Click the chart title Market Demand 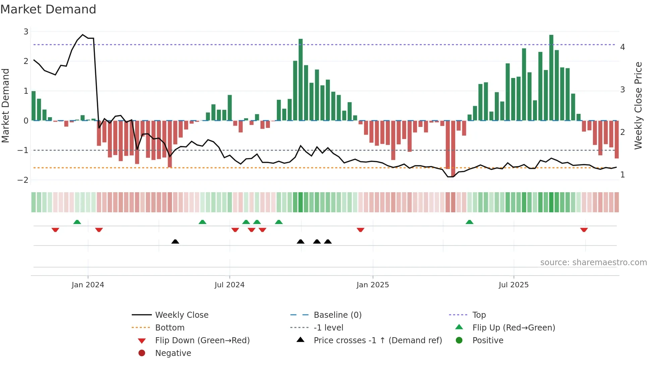click(x=48, y=9)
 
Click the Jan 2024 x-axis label click(x=88, y=285)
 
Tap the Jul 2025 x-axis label click(x=514, y=285)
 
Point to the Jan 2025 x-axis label click(x=372, y=285)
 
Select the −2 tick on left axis click(x=23, y=180)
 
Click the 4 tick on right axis click(x=622, y=47)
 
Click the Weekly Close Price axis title click(x=638, y=105)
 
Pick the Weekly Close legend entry click(x=181, y=315)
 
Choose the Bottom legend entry click(x=170, y=328)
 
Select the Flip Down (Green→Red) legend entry click(x=202, y=341)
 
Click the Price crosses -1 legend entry click(x=377, y=341)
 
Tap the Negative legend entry click(x=173, y=353)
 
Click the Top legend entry click(x=479, y=315)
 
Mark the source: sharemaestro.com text click(x=593, y=263)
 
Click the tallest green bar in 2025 click(x=551, y=78)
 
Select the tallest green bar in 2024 click(x=301, y=80)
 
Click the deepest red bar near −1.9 click(x=453, y=148)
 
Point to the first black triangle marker click(x=175, y=241)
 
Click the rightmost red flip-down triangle click(x=584, y=230)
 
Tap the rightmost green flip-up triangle click(x=469, y=222)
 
